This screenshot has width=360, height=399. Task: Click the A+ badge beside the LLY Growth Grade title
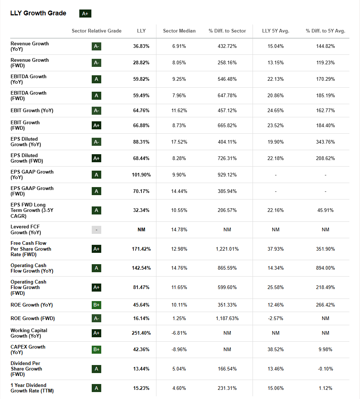pos(85,14)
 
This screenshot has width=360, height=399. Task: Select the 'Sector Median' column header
pos(179,31)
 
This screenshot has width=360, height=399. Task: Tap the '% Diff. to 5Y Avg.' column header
pos(325,31)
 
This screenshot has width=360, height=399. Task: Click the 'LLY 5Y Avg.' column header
pos(276,31)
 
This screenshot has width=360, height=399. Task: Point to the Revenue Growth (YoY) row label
pos(30,46)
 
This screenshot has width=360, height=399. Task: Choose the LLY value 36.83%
pos(141,46)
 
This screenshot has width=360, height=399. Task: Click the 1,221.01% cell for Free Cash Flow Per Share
pos(227,249)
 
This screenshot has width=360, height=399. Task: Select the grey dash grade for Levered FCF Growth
pos(96,230)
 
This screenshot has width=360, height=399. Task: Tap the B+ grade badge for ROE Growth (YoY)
pos(96,305)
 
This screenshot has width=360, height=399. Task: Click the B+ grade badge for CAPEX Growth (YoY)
pos(96,349)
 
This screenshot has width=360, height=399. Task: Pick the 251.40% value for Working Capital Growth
pos(141,333)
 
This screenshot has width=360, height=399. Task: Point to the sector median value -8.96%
pos(179,349)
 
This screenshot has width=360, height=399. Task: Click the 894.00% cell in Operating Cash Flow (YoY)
pos(325,268)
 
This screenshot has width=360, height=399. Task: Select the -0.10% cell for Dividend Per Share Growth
pos(325,369)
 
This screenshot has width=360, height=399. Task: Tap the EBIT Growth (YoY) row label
pos(32,110)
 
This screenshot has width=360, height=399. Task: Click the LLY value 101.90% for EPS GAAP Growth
pos(141,175)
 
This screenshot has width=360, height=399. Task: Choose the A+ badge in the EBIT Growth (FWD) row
pos(96,125)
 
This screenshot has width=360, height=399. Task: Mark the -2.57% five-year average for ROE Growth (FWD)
pos(276,318)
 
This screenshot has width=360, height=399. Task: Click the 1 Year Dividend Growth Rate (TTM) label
pos(32,388)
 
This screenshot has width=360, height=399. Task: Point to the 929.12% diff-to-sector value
pos(227,175)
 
